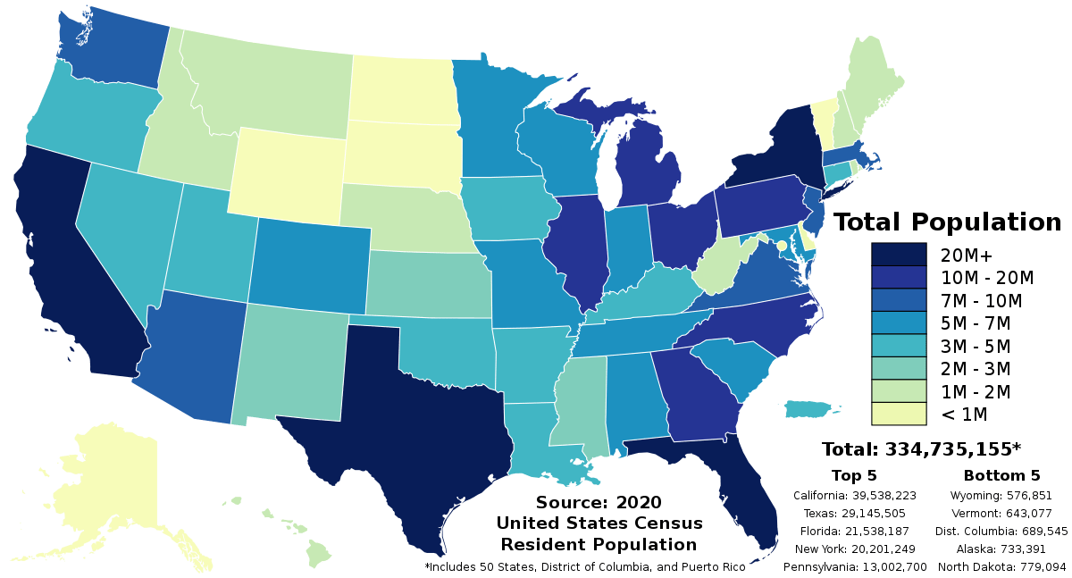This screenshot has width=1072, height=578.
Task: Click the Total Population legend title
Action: [x=947, y=222]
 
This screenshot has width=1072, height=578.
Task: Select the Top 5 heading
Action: [x=853, y=475]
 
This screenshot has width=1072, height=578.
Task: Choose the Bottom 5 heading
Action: [x=1001, y=475]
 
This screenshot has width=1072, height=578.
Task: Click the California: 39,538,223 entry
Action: [x=853, y=495]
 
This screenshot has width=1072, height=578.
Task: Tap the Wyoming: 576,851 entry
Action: [x=1001, y=495]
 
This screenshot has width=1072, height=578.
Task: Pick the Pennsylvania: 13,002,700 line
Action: [x=855, y=567]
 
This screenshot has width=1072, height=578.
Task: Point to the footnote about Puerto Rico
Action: [x=585, y=567]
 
